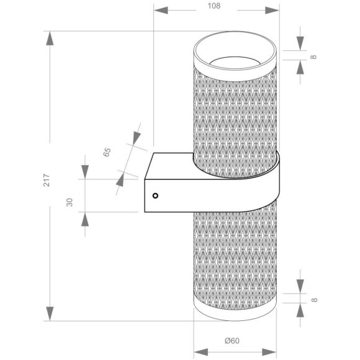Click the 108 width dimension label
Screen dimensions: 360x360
pyautogui.click(x=214, y=6)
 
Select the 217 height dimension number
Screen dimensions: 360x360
pyautogui.click(x=47, y=180)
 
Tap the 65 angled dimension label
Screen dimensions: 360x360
pyautogui.click(x=107, y=152)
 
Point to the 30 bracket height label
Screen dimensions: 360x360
pyautogui.click(x=70, y=202)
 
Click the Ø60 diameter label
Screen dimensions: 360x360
pyautogui.click(x=232, y=341)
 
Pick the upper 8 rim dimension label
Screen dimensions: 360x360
pyautogui.click(x=313, y=56)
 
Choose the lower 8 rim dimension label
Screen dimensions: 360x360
pyautogui.click(x=314, y=300)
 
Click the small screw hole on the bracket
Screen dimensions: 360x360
pyautogui.click(x=155, y=196)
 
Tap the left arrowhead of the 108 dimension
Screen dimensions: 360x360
pyautogui.click(x=161, y=11)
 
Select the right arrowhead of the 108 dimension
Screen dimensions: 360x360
pyautogui.click(x=272, y=11)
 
